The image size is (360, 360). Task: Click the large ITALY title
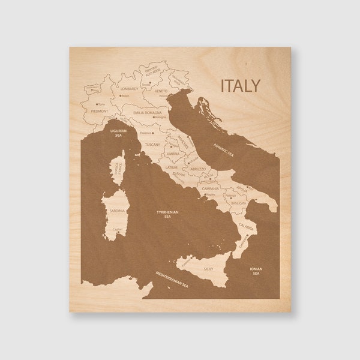coord(240,85)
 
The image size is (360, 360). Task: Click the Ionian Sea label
coord(256,271)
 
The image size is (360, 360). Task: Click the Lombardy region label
coord(129,89)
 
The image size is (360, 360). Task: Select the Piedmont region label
coord(99,111)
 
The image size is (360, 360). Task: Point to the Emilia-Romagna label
coord(147,112)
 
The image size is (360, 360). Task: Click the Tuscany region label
coord(153,145)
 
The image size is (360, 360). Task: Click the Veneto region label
coord(161,91)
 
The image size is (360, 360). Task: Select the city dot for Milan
coord(122,95)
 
